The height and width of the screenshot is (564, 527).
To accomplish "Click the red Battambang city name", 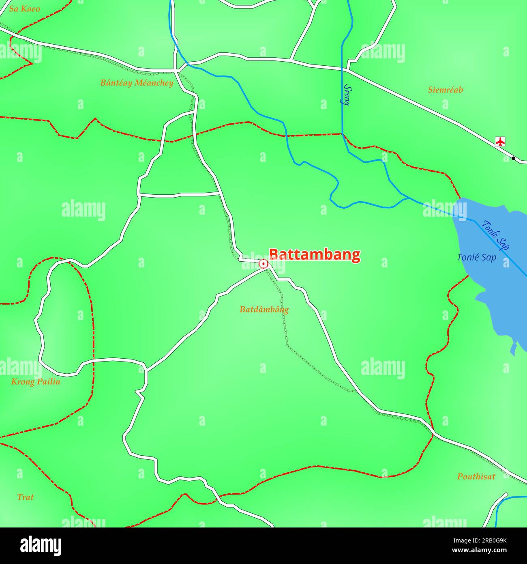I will pos(315,254).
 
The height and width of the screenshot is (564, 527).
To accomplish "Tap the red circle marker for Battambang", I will pos(263,264).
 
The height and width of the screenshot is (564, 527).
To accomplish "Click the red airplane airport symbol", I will pos(501,142).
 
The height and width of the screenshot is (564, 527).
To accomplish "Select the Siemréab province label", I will pos(445,90).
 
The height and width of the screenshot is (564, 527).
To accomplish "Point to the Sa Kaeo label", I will pos(24,9).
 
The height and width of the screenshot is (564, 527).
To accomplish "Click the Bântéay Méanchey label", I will pos(137,83).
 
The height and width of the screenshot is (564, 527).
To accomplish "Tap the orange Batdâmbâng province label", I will pos(264,309).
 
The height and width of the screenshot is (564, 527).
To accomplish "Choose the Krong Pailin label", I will pos(36,381).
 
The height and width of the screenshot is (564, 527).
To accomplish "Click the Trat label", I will pos(25,497).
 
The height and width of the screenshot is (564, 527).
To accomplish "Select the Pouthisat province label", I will pos(476,477).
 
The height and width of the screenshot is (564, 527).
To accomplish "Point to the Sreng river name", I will pos(347,95).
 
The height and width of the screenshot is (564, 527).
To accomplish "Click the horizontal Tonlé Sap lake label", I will pos(476,257).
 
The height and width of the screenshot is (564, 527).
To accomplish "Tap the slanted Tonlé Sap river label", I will pos(496,235).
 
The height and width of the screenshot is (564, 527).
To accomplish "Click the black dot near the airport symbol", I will pos(513,158).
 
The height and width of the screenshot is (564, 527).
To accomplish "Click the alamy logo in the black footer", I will pos(41,546).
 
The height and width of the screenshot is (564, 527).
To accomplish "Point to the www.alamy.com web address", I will pos(479,551).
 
